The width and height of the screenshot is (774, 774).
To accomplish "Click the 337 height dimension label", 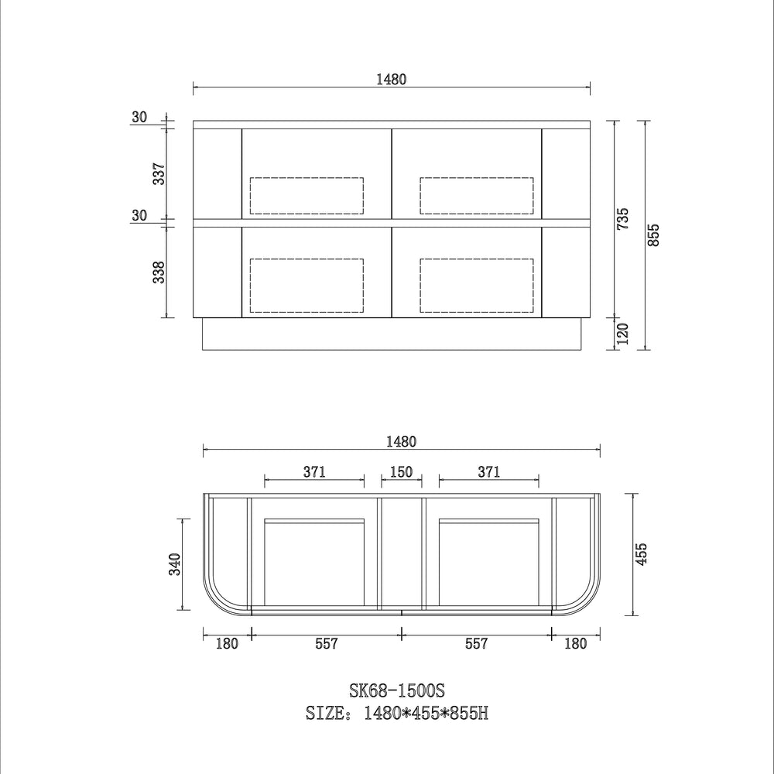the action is point(159,173).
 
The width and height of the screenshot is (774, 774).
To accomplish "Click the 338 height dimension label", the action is point(159,272).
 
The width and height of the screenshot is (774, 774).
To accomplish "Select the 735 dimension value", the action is point(623,218).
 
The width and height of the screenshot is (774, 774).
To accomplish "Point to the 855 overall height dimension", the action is point(653,235).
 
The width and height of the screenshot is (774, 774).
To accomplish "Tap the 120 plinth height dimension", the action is point(623,334).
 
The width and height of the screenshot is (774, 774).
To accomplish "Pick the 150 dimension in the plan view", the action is point(401,472).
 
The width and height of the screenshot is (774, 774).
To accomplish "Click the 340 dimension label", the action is point(175,564).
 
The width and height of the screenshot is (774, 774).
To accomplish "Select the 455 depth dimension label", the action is point(640,554).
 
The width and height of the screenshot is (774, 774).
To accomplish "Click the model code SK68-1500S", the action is point(397,690).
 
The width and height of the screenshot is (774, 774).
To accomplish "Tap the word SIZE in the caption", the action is point(325,714).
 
